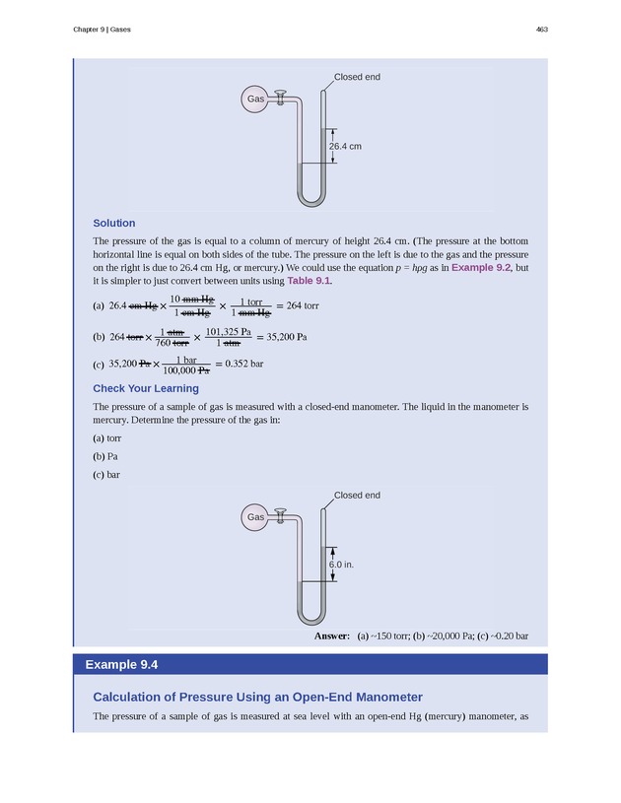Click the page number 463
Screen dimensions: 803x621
point(541,30)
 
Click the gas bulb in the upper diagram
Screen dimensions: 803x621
point(255,100)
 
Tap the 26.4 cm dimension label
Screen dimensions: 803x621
point(345,146)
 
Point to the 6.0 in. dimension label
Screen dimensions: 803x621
point(341,565)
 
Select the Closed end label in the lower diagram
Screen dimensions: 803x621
point(357,495)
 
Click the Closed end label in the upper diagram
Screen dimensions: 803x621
point(357,77)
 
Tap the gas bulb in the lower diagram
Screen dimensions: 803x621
point(255,517)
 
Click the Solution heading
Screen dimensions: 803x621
point(113,223)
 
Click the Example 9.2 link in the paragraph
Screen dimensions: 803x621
point(481,267)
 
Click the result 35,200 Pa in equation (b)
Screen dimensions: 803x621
point(282,336)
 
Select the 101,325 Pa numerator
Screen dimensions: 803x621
point(228,330)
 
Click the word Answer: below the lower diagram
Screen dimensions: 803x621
point(332,636)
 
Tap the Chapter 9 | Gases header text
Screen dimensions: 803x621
point(103,30)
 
